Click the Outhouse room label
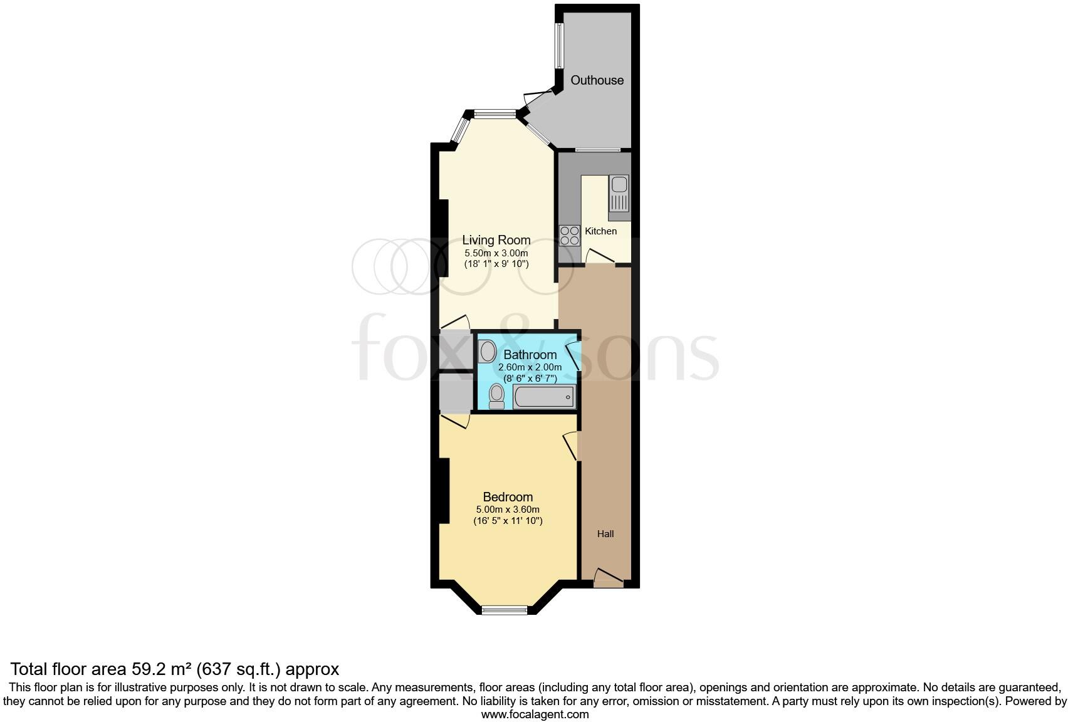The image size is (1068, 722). pos(597,80)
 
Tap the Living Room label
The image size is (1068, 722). pos(496,240)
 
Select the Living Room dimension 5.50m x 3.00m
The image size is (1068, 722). pos(496,253)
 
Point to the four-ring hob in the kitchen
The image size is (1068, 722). pos(569,235)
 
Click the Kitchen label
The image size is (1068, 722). pos(600,231)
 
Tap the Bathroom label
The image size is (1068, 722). pos(530,355)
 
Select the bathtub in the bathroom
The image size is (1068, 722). pos(543,397)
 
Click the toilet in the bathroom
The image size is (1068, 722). pos(496,396)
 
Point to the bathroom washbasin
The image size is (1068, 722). pos(487,351)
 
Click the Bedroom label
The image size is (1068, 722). pos(508,498)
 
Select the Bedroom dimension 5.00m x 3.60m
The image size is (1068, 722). pos(508,510)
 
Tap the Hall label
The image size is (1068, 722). pos(605,534)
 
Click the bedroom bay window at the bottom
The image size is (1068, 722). pos(505,609)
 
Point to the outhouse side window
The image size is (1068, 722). pos(558,46)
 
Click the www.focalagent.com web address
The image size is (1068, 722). pos(535,714)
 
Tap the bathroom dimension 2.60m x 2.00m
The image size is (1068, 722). pos(530,367)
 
